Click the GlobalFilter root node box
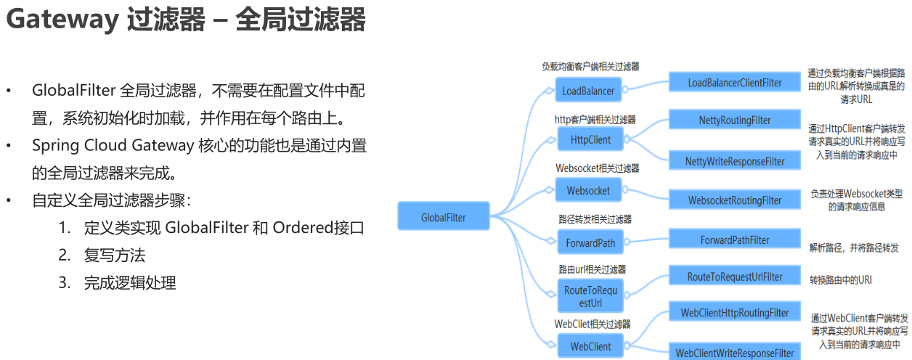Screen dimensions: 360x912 click(x=444, y=217)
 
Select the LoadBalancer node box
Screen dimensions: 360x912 click(x=588, y=91)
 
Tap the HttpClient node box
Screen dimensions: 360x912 click(x=590, y=139)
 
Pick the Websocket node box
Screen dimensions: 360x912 click(x=588, y=191)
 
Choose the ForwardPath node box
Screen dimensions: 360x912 click(x=590, y=243)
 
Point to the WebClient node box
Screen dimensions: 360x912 click(x=590, y=346)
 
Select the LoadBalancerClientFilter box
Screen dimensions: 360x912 click(x=735, y=83)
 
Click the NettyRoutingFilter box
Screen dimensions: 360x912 click(x=735, y=120)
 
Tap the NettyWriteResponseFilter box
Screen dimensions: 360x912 click(x=735, y=161)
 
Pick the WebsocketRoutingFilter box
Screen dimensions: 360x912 click(x=735, y=200)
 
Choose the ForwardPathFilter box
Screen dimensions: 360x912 click(x=735, y=240)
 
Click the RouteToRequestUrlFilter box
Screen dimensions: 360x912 click(x=735, y=277)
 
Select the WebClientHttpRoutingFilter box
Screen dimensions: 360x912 click(x=735, y=313)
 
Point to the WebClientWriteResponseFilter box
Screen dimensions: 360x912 click(x=735, y=353)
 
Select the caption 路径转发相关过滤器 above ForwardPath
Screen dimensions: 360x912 click(x=595, y=218)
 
